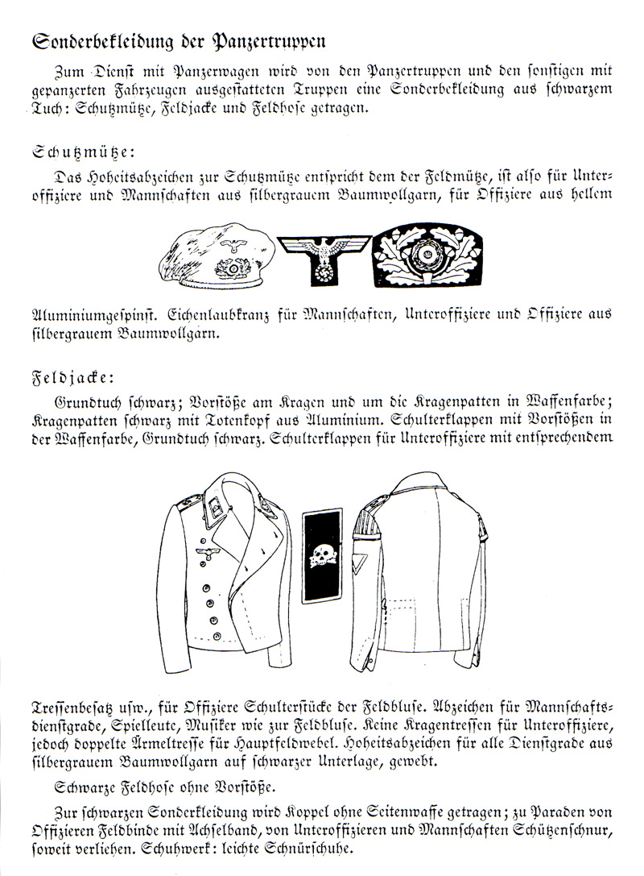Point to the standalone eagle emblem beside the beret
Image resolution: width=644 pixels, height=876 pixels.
click(323, 256)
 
